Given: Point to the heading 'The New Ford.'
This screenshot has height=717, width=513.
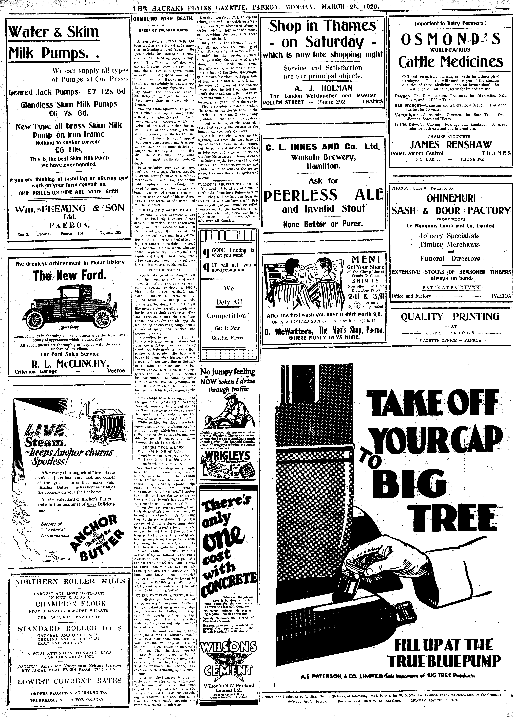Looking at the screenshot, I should pos(69,276).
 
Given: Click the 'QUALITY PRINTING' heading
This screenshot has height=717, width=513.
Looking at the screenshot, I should pos(450,316).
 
